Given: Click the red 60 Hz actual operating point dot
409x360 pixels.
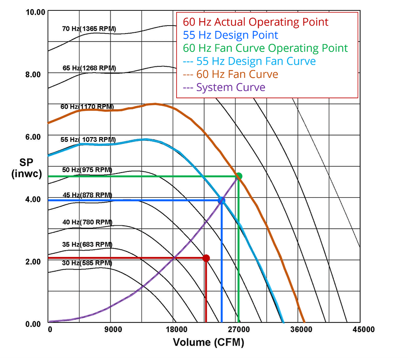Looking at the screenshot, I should pos(206,258).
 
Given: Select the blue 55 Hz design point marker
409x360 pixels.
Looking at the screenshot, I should pos(221,201).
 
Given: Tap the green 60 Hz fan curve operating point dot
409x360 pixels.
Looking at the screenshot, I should pos(239,176).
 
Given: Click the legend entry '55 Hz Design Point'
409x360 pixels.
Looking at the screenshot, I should pos(230,35).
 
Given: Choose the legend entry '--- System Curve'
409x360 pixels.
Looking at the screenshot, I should pos(224,88).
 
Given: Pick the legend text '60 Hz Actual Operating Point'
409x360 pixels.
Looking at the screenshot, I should pos(256,22).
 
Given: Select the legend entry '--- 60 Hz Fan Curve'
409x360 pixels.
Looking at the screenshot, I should pos(230,74).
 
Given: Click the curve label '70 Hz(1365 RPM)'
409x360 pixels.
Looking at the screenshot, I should pos(89,29).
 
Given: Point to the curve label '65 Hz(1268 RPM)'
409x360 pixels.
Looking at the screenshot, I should pos(89,68).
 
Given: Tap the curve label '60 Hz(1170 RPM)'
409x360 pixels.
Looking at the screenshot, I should pos(87,107).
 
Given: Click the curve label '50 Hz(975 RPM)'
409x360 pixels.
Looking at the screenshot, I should pos(86,170).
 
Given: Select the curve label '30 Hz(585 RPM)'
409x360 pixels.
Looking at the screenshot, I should pos(87,263).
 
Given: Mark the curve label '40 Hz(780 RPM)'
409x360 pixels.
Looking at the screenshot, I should pos(87,222).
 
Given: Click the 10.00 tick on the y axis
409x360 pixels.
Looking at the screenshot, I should pos(36,12).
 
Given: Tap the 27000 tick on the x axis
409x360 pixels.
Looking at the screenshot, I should pos(238,329).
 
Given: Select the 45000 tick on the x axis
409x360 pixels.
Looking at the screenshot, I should pos(363,329).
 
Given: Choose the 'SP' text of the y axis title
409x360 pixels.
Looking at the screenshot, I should pos(26,163).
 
